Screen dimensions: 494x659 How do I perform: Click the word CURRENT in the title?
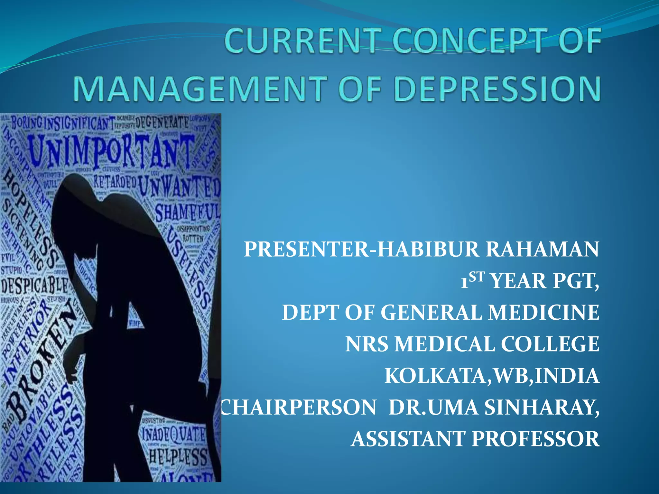[x=301, y=41]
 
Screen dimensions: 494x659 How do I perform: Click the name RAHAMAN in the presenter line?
[x=542, y=249]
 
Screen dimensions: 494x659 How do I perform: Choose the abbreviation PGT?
[x=576, y=281]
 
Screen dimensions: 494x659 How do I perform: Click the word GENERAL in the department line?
[x=431, y=313]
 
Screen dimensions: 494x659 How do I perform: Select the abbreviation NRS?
[x=367, y=344]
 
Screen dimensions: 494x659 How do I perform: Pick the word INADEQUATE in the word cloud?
[x=174, y=434]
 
